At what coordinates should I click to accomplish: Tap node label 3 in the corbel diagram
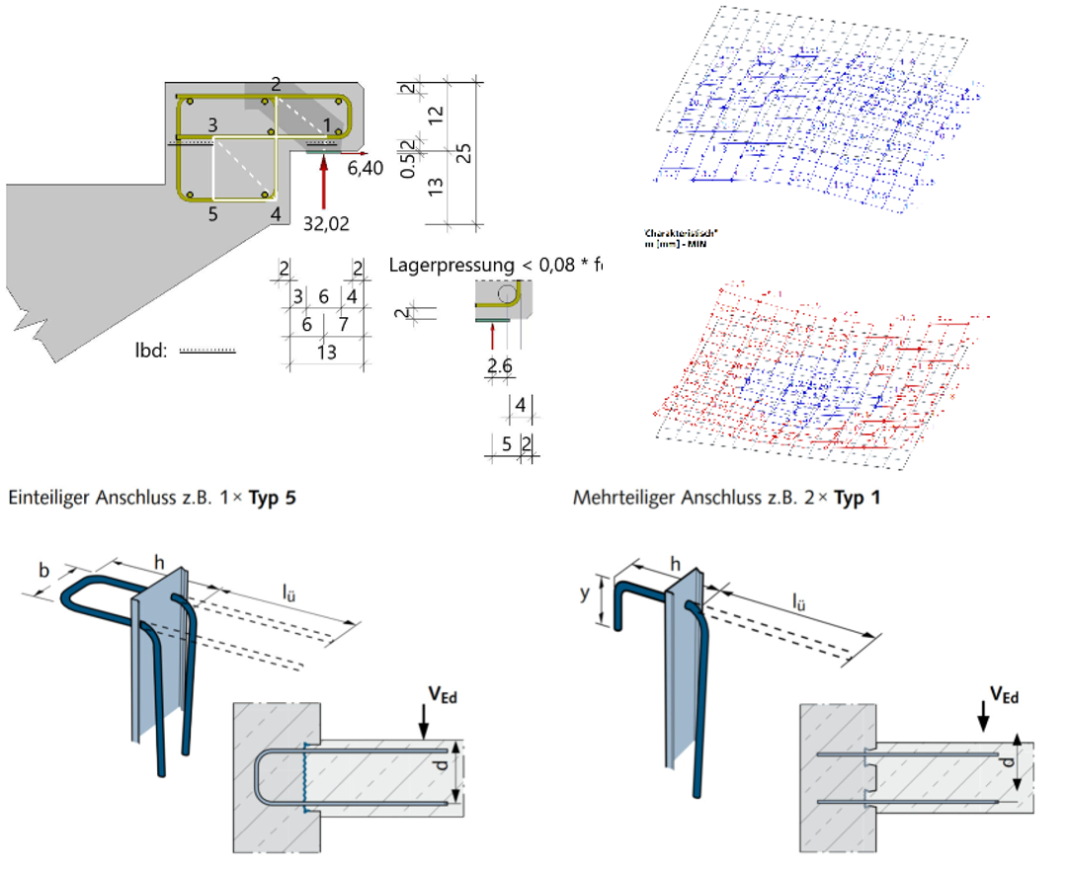coord(212,125)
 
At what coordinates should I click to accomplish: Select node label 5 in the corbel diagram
coord(212,213)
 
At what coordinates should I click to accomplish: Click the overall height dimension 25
coord(460,153)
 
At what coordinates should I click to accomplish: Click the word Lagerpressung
coord(438,265)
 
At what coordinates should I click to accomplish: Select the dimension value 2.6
coord(500,367)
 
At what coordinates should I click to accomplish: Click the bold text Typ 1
coord(858,497)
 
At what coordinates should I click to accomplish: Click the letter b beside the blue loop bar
coord(43,570)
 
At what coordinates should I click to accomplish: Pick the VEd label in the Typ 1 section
coord(1003,697)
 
